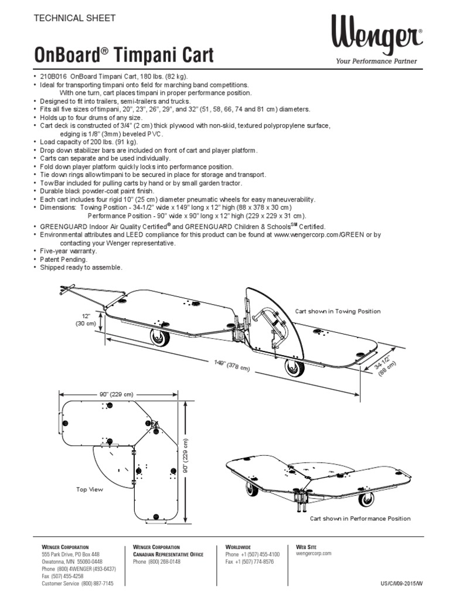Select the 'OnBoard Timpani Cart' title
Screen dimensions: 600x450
(125, 56)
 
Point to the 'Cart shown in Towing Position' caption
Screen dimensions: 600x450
(337, 311)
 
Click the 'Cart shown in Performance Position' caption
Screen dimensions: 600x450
(360, 519)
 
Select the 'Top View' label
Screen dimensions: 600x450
(90, 489)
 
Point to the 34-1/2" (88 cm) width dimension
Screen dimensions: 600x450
(384, 362)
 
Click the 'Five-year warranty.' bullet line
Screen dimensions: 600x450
(68, 251)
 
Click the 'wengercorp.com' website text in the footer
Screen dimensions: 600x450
(314, 553)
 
